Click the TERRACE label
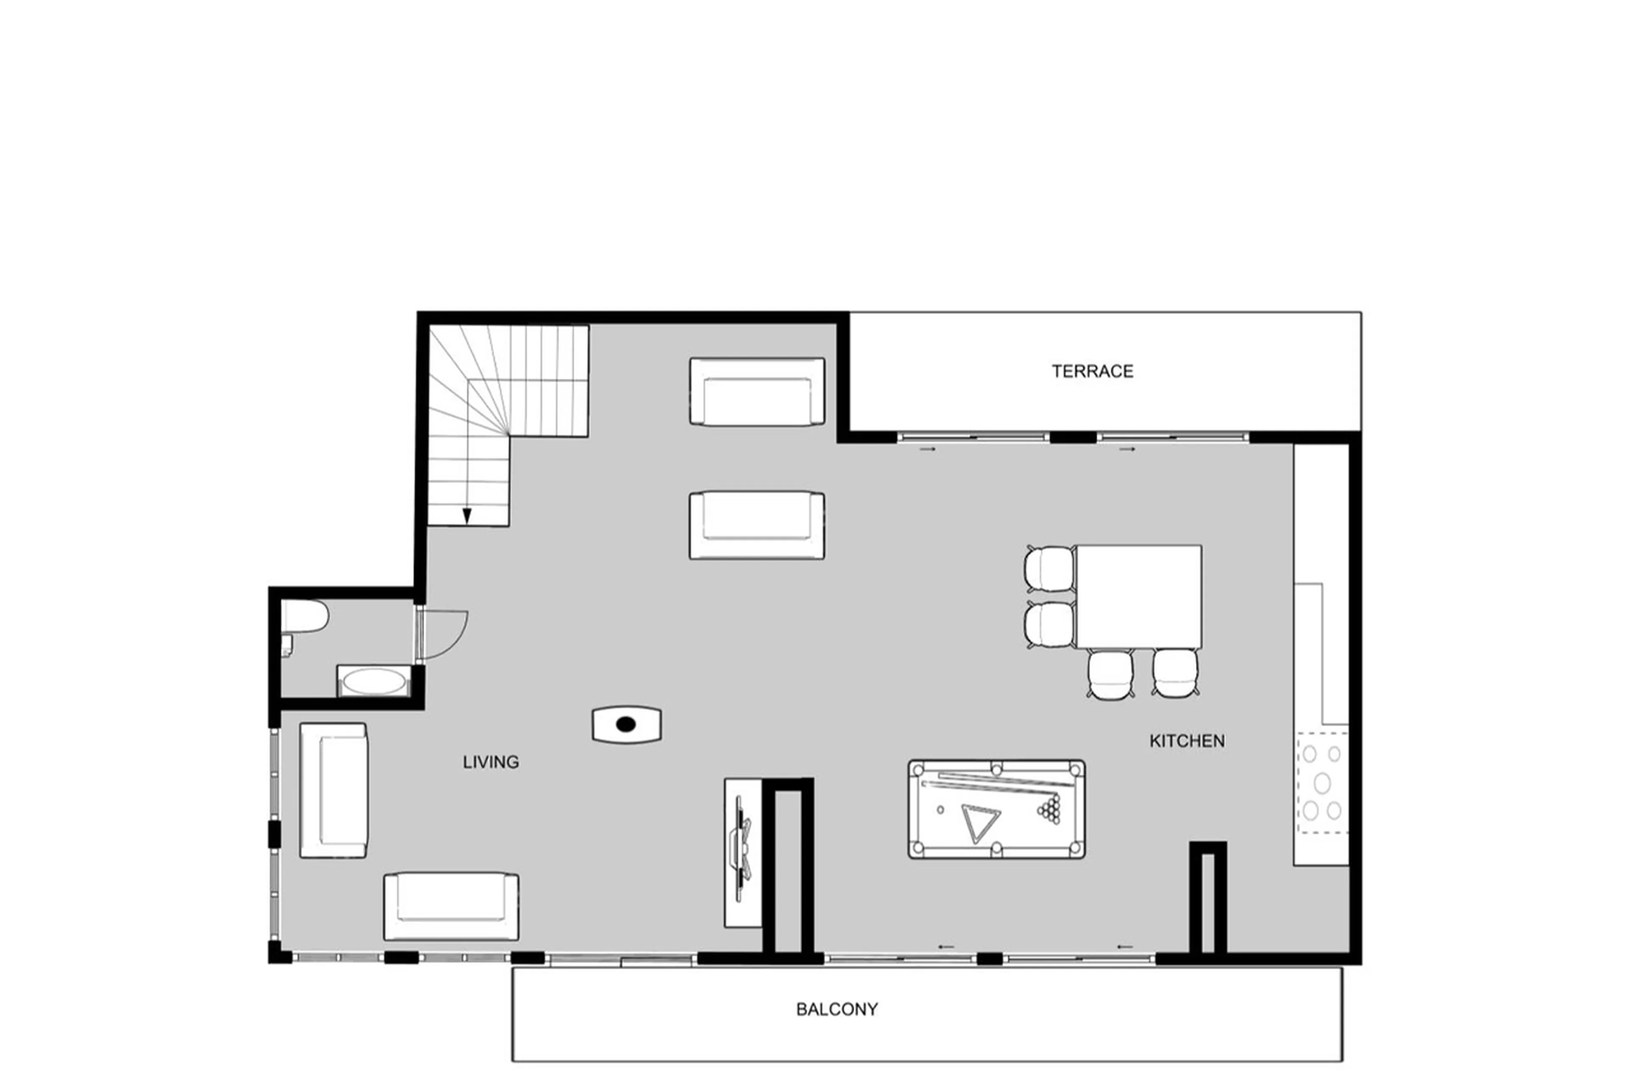[x=1092, y=371]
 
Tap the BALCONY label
[x=836, y=1009]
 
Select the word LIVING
[x=490, y=762]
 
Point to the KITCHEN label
[x=1187, y=741]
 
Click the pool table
[x=996, y=809]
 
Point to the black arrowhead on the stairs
[x=467, y=516]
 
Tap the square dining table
[x=1138, y=596]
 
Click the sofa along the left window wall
[x=333, y=790]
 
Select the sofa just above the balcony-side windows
[x=451, y=906]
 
